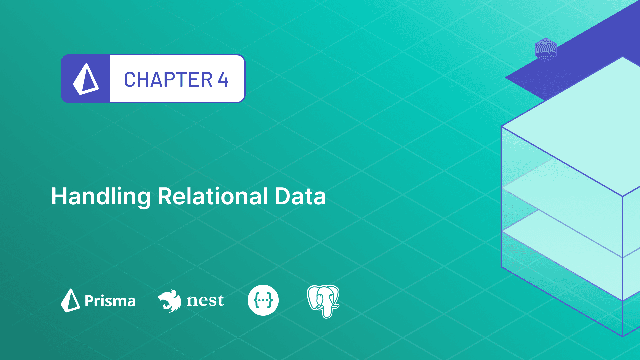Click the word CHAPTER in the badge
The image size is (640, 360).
pos(168,80)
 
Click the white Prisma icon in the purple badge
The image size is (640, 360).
pos(86,79)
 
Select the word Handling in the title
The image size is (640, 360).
pos(101,197)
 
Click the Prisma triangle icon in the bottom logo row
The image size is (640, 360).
pos(70,300)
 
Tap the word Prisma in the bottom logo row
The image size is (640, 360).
pos(110,301)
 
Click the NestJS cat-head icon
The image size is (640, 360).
pos(170,300)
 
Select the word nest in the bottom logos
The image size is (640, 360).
pos(205,300)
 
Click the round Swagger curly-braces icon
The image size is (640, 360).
pos(263,300)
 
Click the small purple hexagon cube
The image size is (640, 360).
pos(546,50)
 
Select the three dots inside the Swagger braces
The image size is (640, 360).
pos(263,300)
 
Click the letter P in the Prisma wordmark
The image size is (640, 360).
pos(89,301)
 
